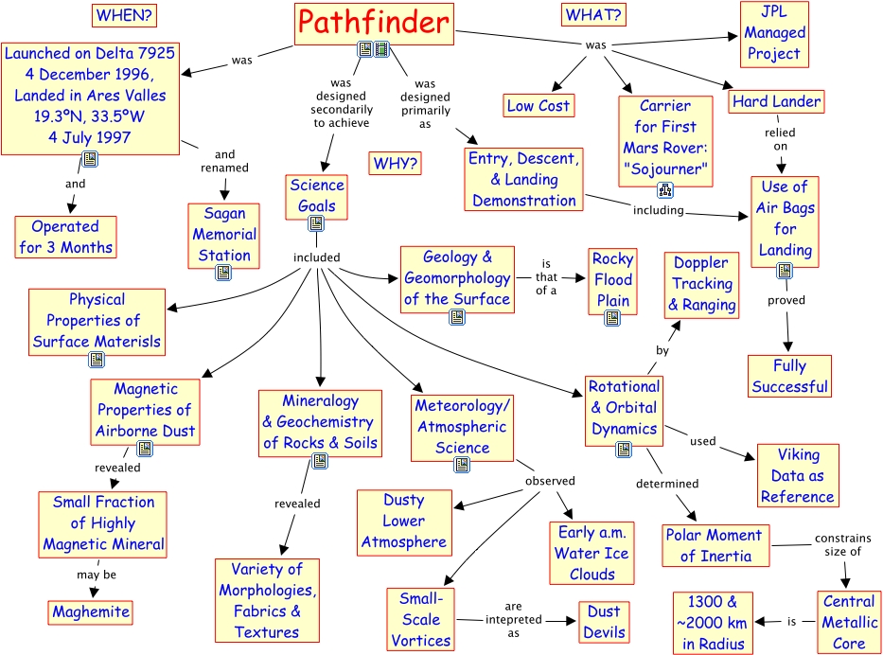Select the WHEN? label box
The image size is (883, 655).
tap(125, 15)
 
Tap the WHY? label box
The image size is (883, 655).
tap(396, 163)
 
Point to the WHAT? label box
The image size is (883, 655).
tap(593, 14)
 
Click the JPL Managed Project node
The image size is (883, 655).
tap(773, 33)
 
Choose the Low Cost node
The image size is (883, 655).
tap(538, 106)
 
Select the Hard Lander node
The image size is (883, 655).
tap(776, 101)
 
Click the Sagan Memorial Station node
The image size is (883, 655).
tap(224, 234)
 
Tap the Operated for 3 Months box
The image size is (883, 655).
tap(65, 238)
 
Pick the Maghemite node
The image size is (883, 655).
tap(91, 611)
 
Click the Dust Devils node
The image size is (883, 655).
tap(604, 622)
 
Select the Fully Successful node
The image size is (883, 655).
tap(789, 376)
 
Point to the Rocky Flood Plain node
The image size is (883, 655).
tap(612, 280)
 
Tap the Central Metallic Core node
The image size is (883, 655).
tap(849, 622)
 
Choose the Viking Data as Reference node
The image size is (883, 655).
tap(797, 476)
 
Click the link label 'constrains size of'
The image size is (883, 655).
tap(837, 545)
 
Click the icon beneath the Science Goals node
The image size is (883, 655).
tap(316, 223)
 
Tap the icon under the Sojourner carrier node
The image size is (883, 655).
tap(665, 189)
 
